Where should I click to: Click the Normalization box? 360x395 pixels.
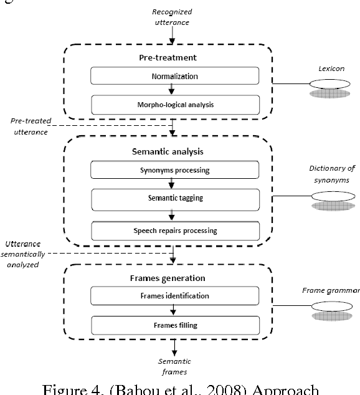pos(174,77)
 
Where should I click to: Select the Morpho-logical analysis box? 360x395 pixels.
pos(174,104)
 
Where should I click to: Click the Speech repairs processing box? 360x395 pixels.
pos(174,231)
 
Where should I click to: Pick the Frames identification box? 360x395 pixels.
pos(174,296)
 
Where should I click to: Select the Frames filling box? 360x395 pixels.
pos(174,325)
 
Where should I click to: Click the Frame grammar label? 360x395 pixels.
pos(331,290)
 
